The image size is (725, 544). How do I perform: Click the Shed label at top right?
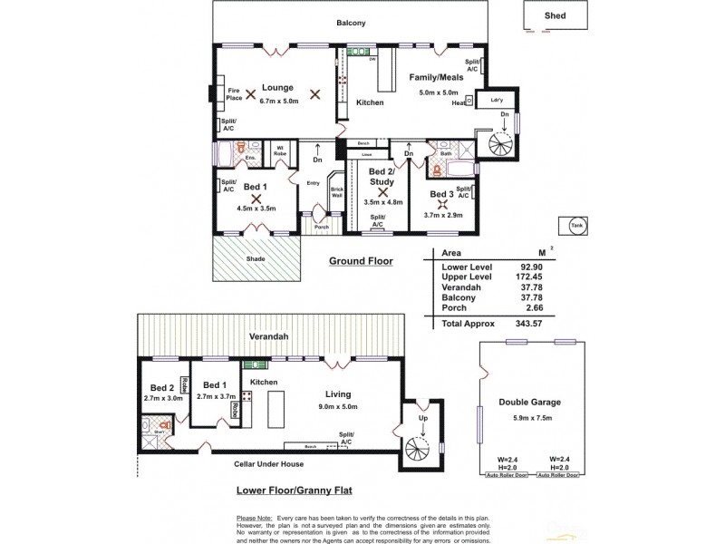point(555,15)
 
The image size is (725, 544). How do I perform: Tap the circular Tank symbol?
point(576,228)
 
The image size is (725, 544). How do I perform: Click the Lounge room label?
point(277,88)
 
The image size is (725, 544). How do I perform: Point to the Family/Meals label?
point(436,77)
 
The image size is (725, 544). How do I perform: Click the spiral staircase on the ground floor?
point(500,143)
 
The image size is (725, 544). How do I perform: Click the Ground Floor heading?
point(361,261)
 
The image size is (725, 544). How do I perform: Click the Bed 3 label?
point(441,195)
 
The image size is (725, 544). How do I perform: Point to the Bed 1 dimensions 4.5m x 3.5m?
point(256,209)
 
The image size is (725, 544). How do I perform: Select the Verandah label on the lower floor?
point(270,336)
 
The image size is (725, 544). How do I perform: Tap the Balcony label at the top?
point(351,23)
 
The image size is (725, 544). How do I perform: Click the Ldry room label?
point(497,99)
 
